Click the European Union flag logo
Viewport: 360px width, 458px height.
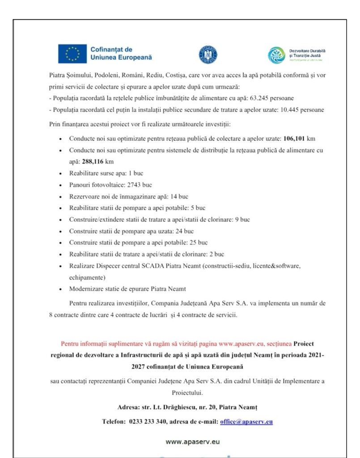[x=72, y=54]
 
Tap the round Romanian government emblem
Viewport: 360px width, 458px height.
[x=207, y=55]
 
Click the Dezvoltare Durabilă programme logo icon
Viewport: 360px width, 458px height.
[x=276, y=55]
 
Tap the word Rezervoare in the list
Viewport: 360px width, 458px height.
[x=84, y=196]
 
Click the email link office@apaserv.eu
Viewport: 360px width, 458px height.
[x=246, y=421]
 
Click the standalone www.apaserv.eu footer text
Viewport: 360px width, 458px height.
[x=193, y=441]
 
